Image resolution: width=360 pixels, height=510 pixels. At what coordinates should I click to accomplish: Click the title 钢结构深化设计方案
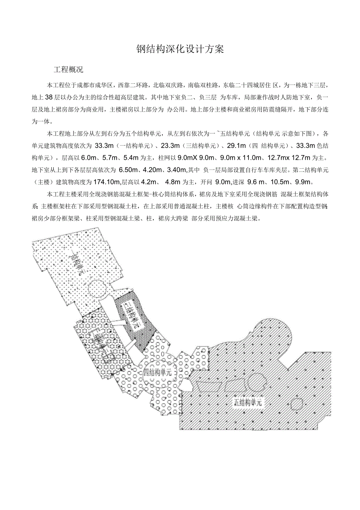pos(180,49)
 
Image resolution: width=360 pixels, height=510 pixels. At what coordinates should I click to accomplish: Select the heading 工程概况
pos(68,70)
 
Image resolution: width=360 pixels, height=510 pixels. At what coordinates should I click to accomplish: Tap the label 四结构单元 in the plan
pos(157,372)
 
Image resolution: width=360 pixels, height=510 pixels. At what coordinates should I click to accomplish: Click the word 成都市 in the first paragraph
pos(86,85)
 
